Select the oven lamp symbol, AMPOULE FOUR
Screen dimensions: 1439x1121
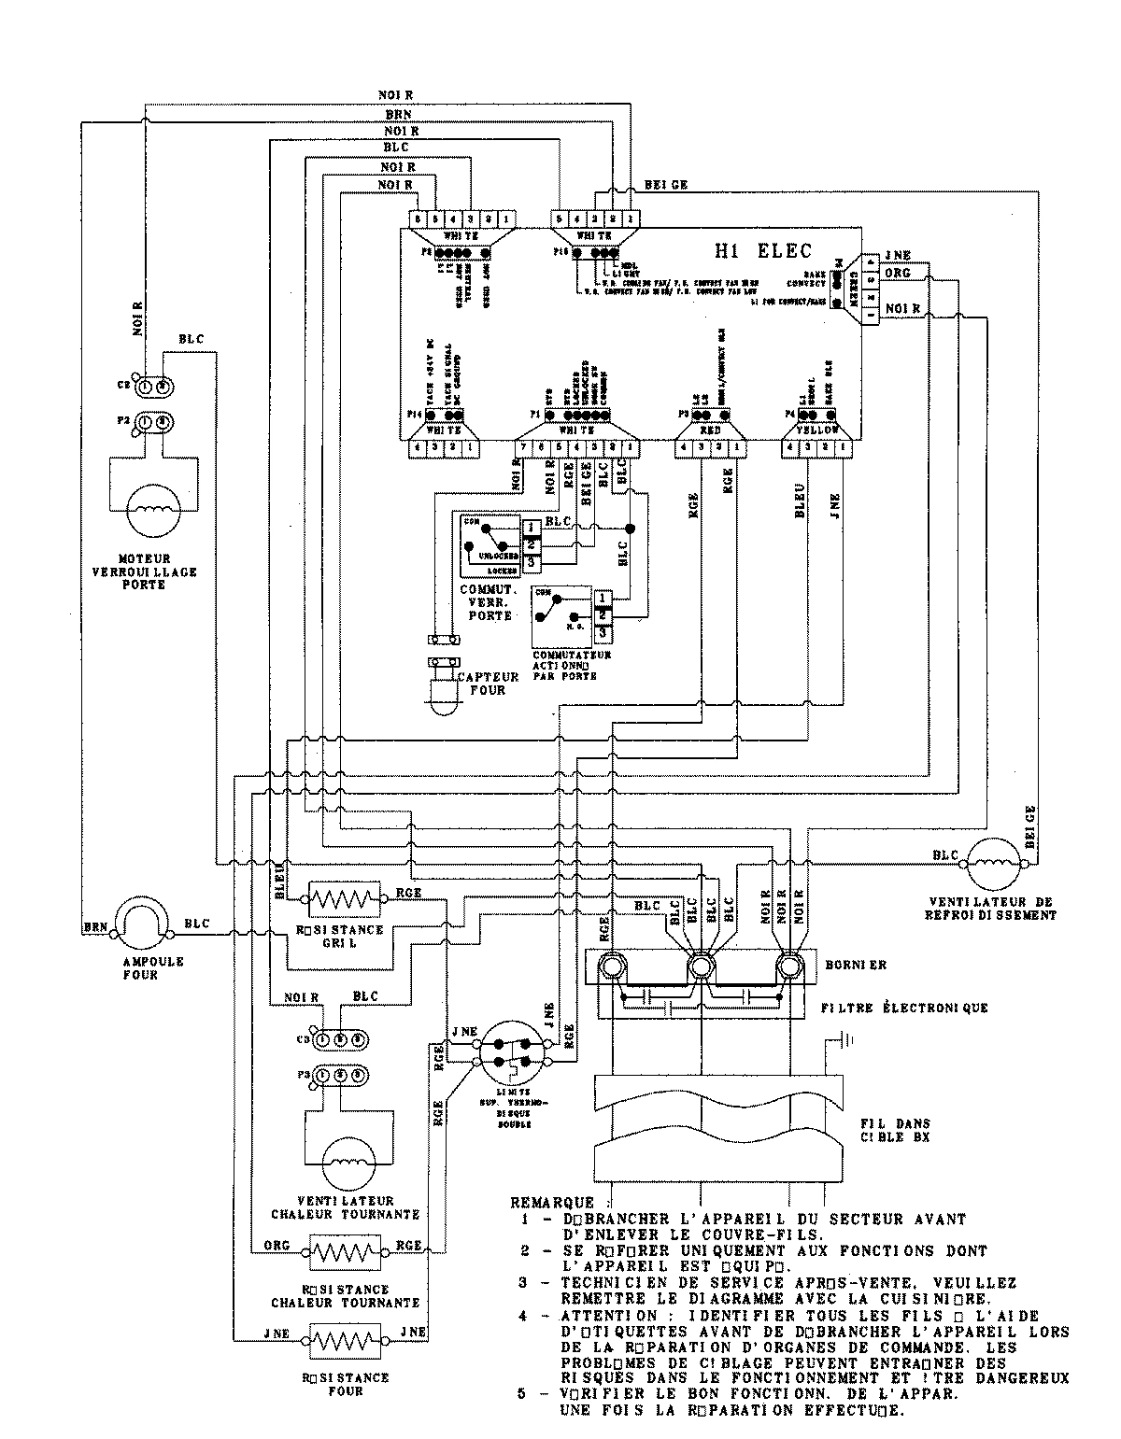click(x=145, y=926)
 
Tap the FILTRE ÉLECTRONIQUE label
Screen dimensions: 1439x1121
click(x=903, y=1008)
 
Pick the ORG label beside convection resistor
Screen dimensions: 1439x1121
click(x=277, y=1245)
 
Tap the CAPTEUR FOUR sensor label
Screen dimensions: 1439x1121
click(x=482, y=683)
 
